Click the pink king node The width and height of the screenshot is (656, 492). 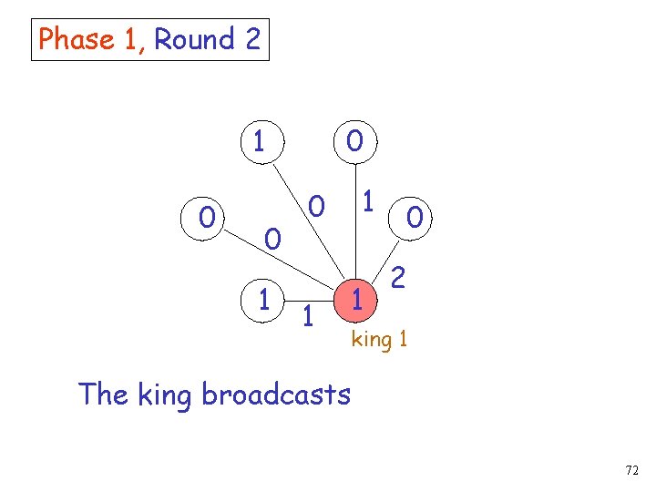pos(358,298)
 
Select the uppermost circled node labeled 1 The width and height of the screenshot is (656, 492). pos(260,141)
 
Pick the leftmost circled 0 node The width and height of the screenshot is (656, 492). pos(209,219)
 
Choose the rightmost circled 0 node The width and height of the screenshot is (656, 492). pos(415,219)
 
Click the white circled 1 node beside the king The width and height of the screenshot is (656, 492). pos(263,298)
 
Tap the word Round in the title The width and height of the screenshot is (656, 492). pos(194,40)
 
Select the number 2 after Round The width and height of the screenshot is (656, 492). pos(252,40)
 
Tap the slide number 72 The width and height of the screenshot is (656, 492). pos(631,471)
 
